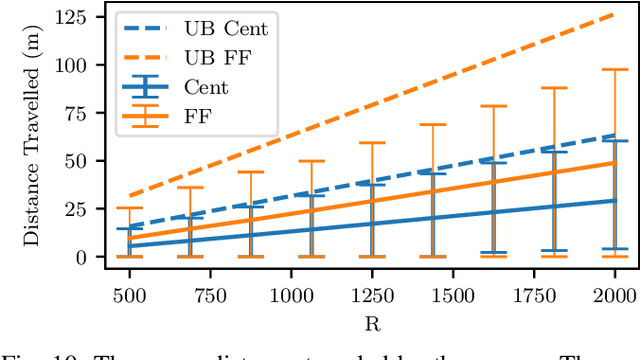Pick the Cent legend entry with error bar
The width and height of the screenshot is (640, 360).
pyautogui.click(x=205, y=88)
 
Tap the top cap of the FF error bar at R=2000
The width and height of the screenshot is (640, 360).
pyautogui.click(x=614, y=69)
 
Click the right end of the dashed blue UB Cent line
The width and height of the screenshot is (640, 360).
pyautogui.click(x=614, y=135)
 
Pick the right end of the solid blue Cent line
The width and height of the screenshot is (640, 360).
pyautogui.click(x=614, y=200)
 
